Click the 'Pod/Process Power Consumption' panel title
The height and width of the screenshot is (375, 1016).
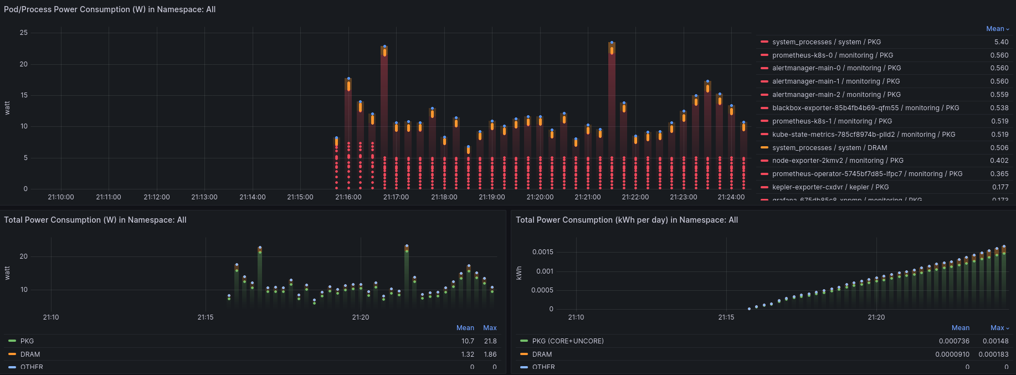pos(110,9)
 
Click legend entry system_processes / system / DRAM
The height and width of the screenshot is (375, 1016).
pos(829,148)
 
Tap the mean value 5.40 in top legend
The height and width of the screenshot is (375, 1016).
pos(1001,42)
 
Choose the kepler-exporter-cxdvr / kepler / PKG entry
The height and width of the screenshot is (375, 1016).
pos(830,187)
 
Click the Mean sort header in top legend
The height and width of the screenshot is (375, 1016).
pos(997,29)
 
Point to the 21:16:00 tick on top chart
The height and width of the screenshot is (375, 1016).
pos(348,197)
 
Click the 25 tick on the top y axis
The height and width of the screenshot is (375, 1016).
pos(24,33)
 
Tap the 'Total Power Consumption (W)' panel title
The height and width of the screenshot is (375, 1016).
pos(95,220)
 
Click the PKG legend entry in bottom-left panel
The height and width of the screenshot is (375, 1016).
pos(27,341)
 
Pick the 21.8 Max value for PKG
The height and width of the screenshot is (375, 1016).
pos(490,341)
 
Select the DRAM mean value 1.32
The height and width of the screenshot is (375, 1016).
pos(468,355)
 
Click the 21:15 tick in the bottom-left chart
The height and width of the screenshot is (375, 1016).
pos(206,317)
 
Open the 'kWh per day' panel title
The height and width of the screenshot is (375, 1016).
pos(627,220)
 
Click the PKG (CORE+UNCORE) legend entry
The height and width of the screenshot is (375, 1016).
pos(567,341)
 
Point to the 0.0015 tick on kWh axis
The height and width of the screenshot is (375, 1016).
pos(542,252)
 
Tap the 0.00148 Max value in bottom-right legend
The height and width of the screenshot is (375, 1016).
pos(996,341)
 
